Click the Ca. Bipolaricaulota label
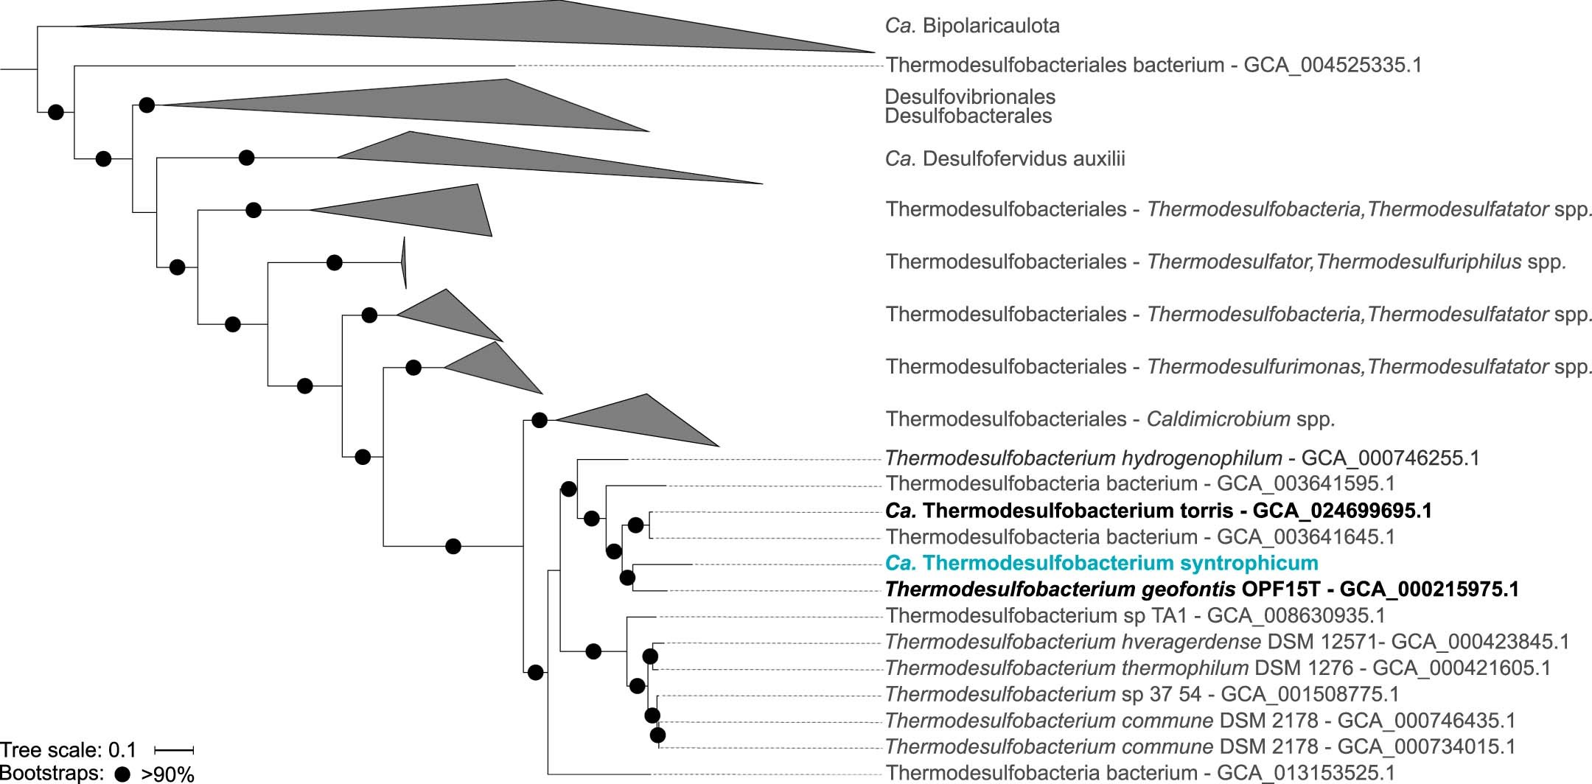tap(972, 26)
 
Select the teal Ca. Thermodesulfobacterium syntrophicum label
tap(1101, 563)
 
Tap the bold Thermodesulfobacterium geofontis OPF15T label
tap(1201, 589)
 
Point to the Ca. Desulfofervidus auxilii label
tap(1005, 158)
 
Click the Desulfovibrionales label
tap(970, 97)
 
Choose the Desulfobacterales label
tap(968, 116)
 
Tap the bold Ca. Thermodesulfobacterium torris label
tap(1158, 511)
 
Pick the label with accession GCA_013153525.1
tap(1140, 773)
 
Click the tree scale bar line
tap(173, 750)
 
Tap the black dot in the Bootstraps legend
tap(123, 774)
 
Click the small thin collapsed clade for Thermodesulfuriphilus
tap(404, 262)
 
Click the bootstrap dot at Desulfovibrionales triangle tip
tap(147, 105)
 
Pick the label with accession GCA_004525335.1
tap(1153, 65)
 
